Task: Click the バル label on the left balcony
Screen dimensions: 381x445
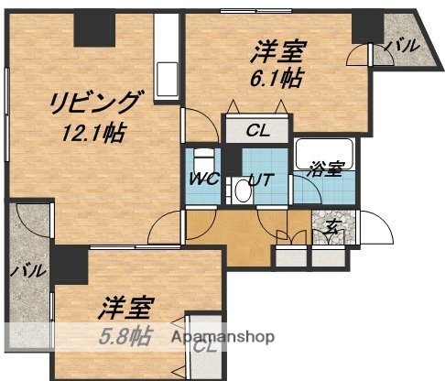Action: pyautogui.click(x=23, y=271)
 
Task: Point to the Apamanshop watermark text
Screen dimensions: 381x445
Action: pyautogui.click(x=222, y=336)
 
